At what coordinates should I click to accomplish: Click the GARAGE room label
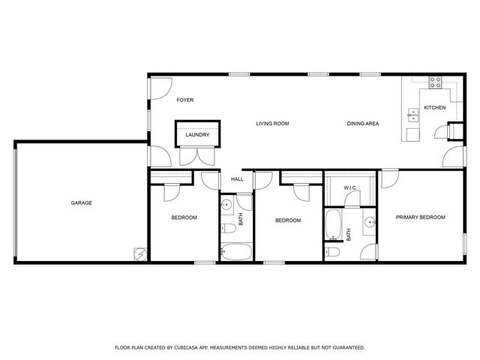82,202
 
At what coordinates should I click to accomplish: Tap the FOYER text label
185,100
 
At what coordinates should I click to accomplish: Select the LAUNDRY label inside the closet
198,135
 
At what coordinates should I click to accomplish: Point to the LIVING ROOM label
272,123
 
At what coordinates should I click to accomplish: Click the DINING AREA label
362,123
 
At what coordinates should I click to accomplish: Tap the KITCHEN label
435,108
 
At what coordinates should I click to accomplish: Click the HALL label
237,179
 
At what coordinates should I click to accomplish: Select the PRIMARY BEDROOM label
421,217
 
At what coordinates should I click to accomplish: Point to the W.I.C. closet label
350,187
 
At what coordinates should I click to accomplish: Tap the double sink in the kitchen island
412,115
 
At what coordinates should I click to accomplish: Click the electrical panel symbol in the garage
139,254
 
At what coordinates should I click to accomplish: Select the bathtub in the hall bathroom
236,251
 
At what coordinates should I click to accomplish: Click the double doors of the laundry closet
198,156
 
